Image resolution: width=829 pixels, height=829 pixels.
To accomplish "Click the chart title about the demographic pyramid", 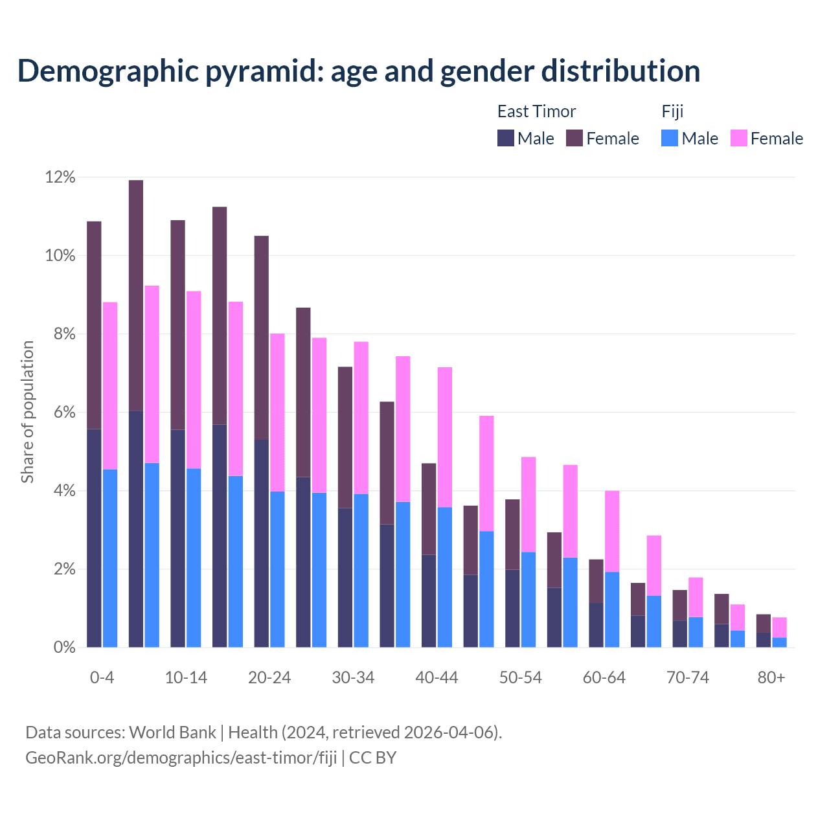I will tap(358, 71).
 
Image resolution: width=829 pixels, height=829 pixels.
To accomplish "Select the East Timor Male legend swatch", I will tap(505, 138).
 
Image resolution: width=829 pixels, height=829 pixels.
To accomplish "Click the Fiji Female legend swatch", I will tap(738, 138).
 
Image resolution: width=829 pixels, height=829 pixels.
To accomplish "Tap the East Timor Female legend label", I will tap(612, 139).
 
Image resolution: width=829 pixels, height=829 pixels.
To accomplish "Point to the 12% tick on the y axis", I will tap(60, 177).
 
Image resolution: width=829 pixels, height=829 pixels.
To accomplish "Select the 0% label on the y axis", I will tap(64, 648).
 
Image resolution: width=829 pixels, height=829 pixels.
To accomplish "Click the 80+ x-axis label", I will tap(771, 677).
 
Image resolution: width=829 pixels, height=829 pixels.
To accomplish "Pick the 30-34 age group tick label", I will tap(353, 677).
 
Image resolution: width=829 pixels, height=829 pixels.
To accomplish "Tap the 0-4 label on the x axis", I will tap(102, 677).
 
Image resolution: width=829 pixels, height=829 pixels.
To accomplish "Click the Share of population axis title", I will tap(27, 412).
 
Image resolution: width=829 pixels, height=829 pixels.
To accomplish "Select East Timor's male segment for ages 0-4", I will tap(94, 538).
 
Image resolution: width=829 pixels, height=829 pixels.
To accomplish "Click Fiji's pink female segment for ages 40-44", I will tap(445, 437).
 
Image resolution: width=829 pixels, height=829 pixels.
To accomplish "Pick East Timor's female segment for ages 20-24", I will tap(262, 337).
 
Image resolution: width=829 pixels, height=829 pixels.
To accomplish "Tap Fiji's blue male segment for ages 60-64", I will tap(612, 609).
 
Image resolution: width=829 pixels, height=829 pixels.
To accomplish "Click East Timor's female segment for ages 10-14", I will tap(178, 324).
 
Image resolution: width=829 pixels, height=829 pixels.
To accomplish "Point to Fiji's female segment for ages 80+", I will tap(779, 628).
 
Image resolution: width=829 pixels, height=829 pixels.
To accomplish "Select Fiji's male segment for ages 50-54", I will tap(528, 599).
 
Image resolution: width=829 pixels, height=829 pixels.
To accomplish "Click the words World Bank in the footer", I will tap(172, 732).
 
